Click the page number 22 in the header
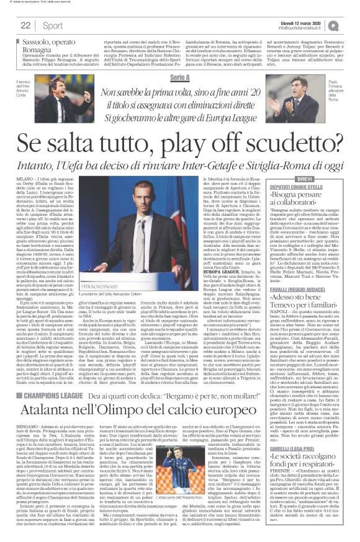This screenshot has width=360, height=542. point(27,25)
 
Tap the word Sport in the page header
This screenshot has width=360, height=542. point(52,25)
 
